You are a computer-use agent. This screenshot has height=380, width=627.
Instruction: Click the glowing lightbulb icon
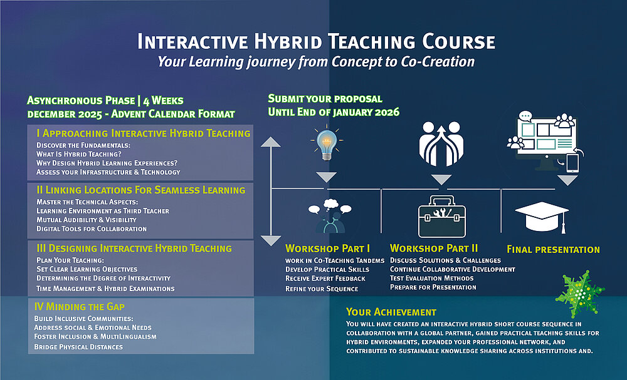click(327, 143)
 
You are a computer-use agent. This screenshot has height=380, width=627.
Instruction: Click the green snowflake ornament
click(580, 294)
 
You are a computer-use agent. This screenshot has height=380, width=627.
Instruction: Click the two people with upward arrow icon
click(441, 144)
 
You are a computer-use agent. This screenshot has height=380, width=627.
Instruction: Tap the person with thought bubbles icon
click(330, 216)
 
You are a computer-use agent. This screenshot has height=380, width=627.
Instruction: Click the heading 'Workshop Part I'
click(327, 249)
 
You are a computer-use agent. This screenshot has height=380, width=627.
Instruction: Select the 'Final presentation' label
click(553, 250)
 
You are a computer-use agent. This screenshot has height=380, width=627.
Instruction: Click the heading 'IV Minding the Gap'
click(80, 307)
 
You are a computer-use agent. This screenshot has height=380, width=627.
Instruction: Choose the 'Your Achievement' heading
click(391, 312)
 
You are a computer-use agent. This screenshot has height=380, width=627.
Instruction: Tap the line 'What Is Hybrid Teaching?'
click(79, 154)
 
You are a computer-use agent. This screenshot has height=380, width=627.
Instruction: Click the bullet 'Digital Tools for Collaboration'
click(92, 229)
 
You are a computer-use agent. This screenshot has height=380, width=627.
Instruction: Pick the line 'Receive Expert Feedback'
click(325, 278)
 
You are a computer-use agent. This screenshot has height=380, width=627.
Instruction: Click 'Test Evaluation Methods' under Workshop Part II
click(432, 278)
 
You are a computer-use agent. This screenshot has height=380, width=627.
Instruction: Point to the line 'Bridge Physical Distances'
click(78, 347)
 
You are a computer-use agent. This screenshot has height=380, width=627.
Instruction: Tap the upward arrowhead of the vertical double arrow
click(271, 141)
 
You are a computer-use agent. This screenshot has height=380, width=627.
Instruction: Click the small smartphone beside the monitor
click(572, 163)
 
